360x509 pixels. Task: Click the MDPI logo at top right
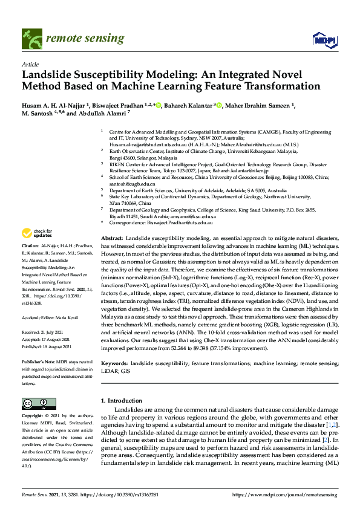(324, 41)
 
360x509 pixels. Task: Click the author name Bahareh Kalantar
(188, 105)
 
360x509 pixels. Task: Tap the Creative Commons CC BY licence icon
(34, 403)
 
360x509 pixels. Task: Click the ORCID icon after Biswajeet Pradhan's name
(159, 105)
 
